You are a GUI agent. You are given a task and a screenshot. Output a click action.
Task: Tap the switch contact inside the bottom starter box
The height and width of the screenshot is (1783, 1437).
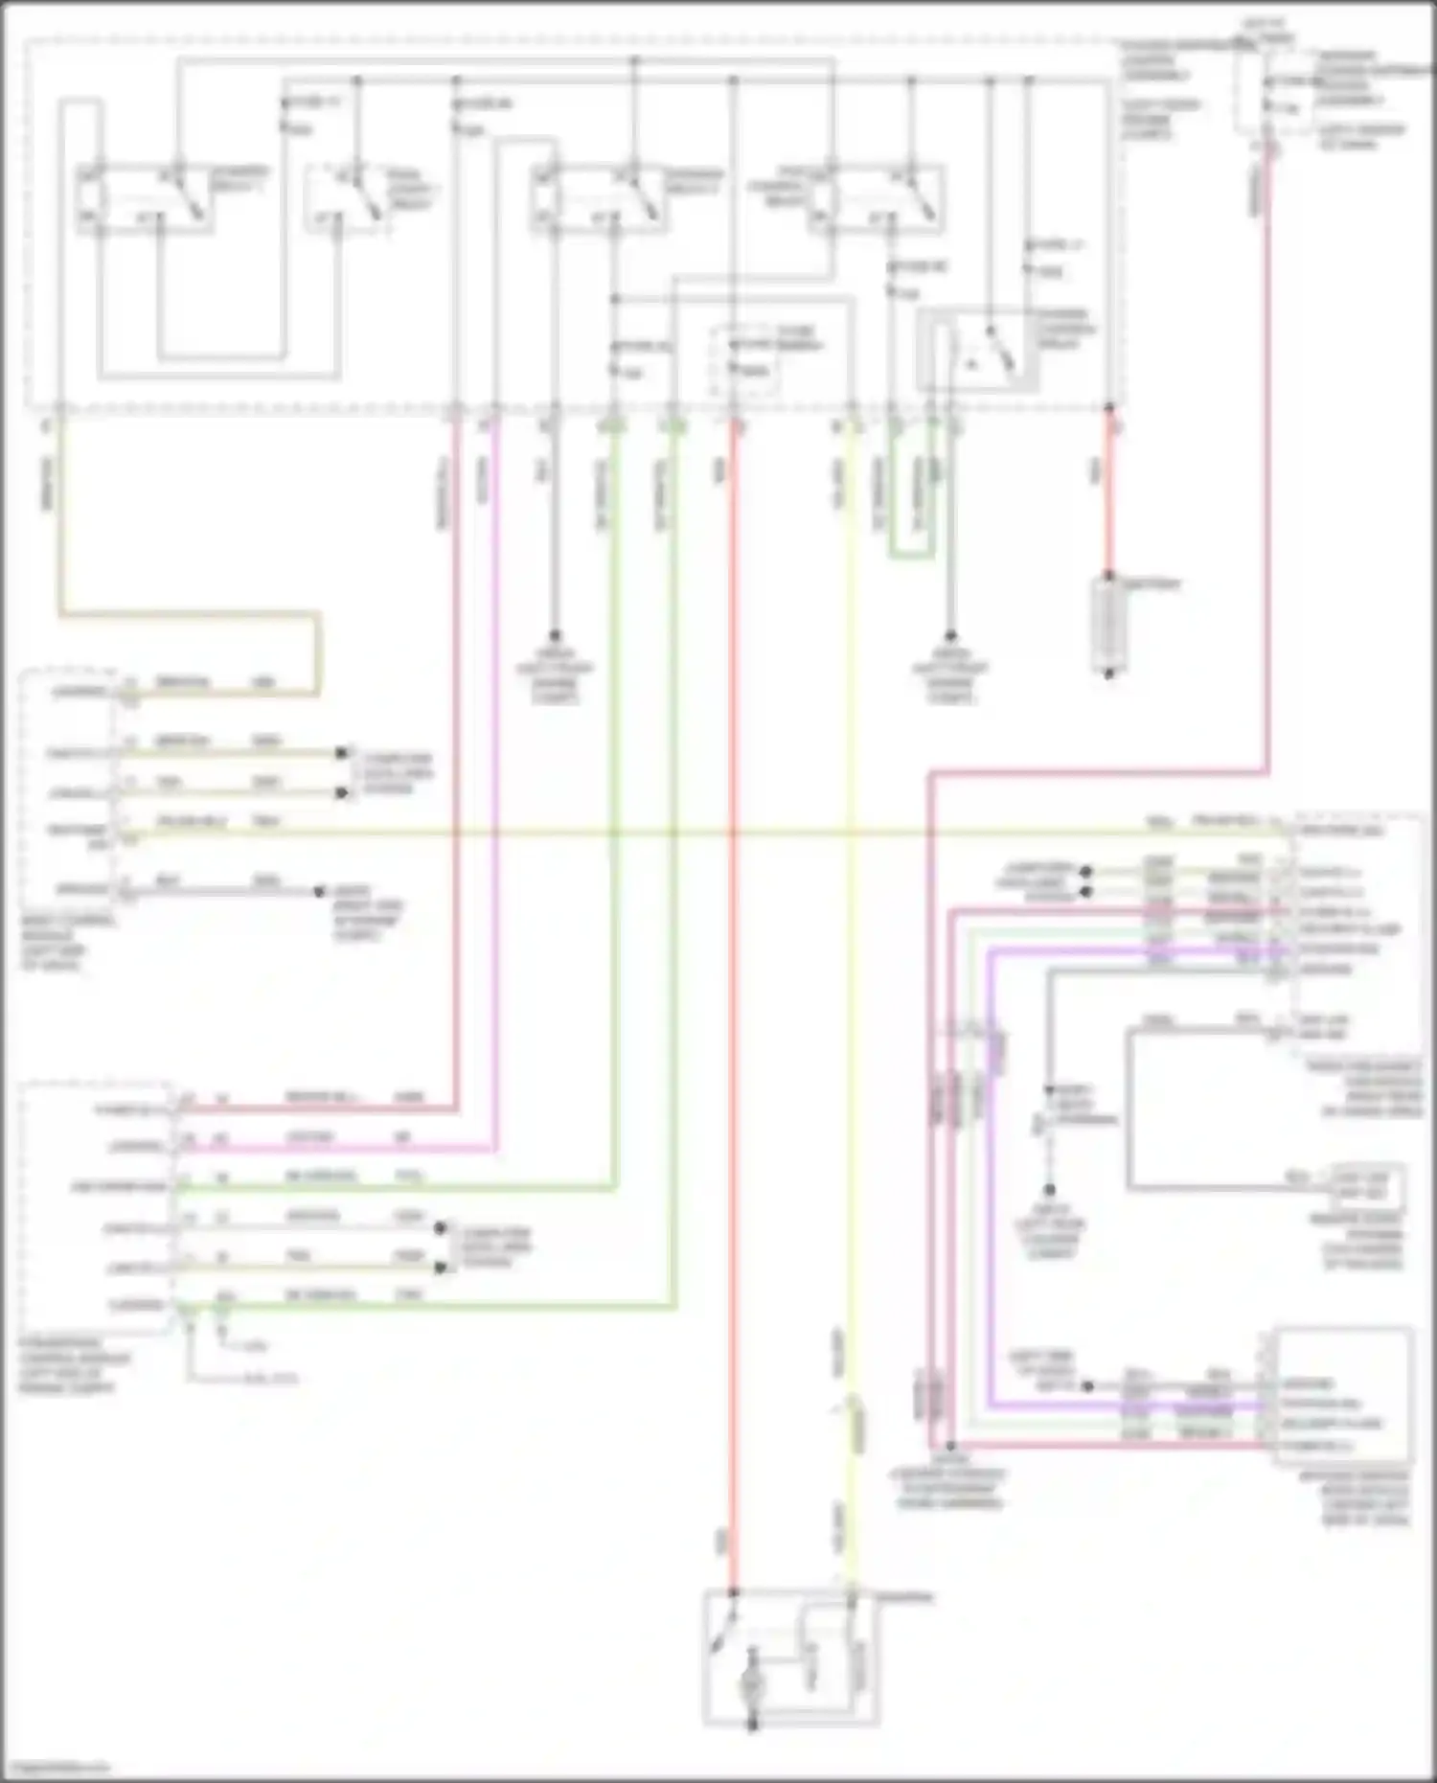click(723, 1633)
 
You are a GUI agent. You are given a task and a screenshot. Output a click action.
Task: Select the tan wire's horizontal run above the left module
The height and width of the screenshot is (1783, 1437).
click(192, 613)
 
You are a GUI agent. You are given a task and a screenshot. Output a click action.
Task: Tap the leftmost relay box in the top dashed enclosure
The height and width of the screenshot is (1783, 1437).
click(144, 199)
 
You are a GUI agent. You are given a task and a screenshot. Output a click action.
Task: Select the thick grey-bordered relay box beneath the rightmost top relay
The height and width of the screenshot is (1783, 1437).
click(977, 351)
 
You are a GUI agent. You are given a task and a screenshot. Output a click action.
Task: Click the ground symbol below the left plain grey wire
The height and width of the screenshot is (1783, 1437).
click(554, 636)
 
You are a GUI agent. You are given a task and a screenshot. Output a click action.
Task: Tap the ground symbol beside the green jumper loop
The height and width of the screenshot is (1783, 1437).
click(950, 636)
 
